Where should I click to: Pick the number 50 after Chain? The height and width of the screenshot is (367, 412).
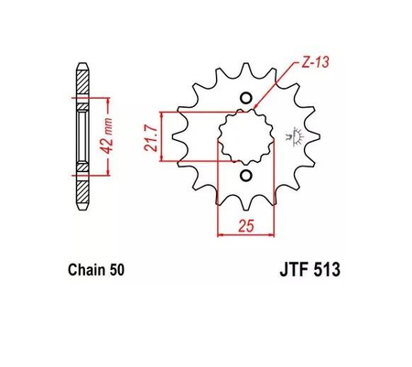116,271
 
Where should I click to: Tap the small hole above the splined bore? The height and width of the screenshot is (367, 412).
244,99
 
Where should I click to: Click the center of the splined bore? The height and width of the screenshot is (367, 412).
244,137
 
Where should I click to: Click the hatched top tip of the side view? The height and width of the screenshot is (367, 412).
81,82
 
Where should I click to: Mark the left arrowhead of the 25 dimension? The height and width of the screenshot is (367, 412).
220,235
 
